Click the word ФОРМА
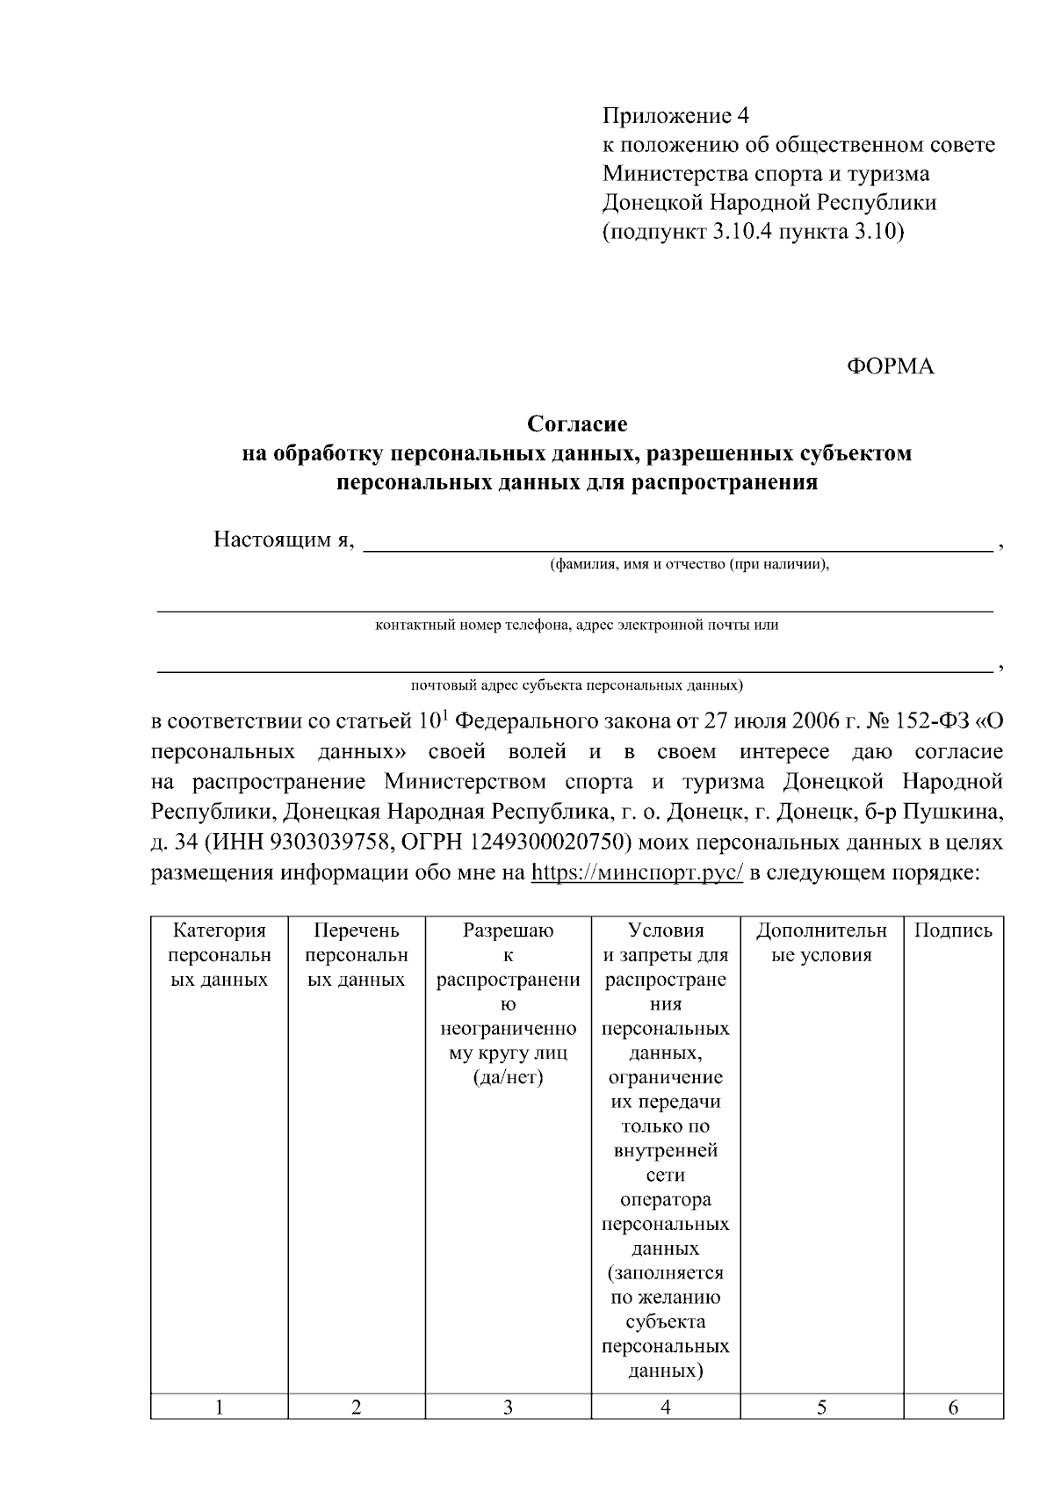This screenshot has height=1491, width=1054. [890, 367]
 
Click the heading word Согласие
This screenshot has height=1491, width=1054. [577, 424]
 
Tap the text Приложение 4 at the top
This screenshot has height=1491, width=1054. [675, 116]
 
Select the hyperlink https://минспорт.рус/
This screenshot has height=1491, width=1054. [638, 873]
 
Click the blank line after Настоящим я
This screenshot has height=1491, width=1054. [676, 542]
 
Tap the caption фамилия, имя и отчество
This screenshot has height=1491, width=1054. [689, 565]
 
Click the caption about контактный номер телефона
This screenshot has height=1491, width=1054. [576, 626]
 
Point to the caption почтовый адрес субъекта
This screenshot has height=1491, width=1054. [576, 684]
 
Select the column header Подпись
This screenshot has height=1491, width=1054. [953, 930]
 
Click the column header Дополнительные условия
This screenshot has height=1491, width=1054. [821, 943]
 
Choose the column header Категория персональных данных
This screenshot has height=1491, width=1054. [219, 955]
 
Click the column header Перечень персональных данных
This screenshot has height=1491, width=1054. [356, 955]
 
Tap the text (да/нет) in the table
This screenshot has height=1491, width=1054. [508, 1077]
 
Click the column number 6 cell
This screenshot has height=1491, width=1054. [953, 1408]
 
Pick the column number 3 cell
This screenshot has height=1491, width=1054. [508, 1408]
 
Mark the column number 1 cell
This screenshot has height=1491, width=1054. [219, 1408]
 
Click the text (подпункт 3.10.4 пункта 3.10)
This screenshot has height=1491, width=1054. [753, 233]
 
